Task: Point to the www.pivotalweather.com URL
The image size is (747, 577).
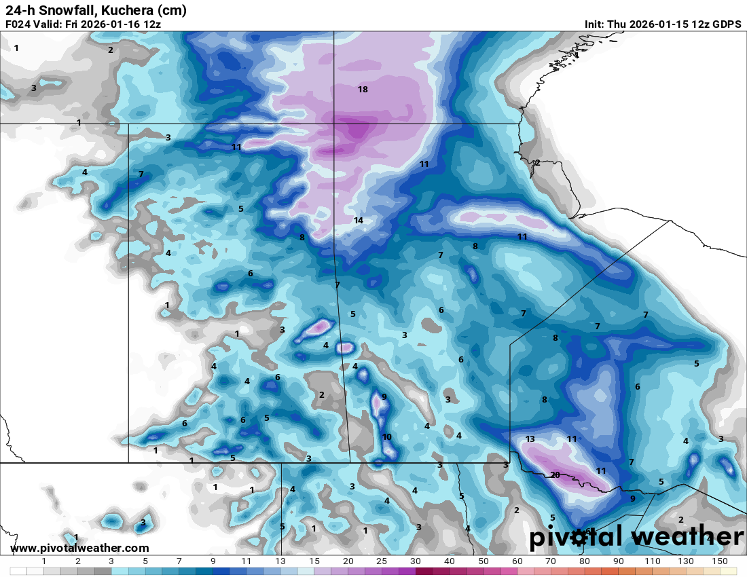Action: click(x=79, y=548)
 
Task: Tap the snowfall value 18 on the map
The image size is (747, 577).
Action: click(x=363, y=90)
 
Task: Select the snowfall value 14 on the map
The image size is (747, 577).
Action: click(x=359, y=221)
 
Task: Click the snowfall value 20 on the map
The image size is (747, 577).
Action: click(x=555, y=475)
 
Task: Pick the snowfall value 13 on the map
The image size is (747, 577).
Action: click(x=530, y=439)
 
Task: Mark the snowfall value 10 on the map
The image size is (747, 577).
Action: click(x=387, y=437)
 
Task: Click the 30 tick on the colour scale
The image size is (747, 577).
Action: click(x=416, y=561)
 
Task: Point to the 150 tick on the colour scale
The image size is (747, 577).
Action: click(x=720, y=561)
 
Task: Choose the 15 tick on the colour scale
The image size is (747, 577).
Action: click(x=314, y=561)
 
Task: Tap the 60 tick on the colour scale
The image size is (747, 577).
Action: click(x=517, y=561)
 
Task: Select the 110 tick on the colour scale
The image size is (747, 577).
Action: click(x=652, y=561)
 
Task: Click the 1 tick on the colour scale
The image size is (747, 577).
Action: click(x=44, y=561)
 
